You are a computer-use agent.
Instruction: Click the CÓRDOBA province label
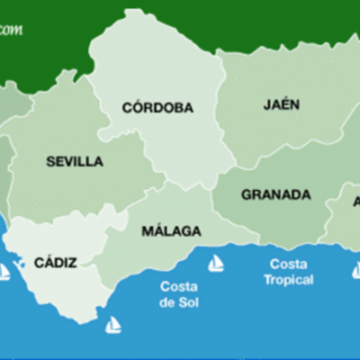[157, 108]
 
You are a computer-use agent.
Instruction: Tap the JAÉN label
[282, 103]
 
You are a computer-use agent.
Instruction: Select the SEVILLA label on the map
[75, 162]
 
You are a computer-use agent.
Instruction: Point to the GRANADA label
[275, 194]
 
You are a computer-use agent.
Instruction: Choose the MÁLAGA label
[171, 231]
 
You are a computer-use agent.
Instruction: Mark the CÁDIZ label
[55, 263]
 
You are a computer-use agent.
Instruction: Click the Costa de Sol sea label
[179, 294]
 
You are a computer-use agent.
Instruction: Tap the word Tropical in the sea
[289, 280]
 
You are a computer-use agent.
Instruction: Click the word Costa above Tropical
[288, 265]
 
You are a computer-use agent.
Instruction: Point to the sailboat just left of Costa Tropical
[216, 264]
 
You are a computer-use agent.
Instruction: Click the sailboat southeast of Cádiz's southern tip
[112, 325]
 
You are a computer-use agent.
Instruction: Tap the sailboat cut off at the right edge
[355, 270]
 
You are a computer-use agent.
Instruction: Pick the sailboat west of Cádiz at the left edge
[4, 271]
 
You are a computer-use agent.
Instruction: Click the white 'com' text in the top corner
[11, 30]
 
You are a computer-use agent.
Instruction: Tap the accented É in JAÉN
[282, 103]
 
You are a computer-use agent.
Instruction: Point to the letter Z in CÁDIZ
[72, 263]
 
